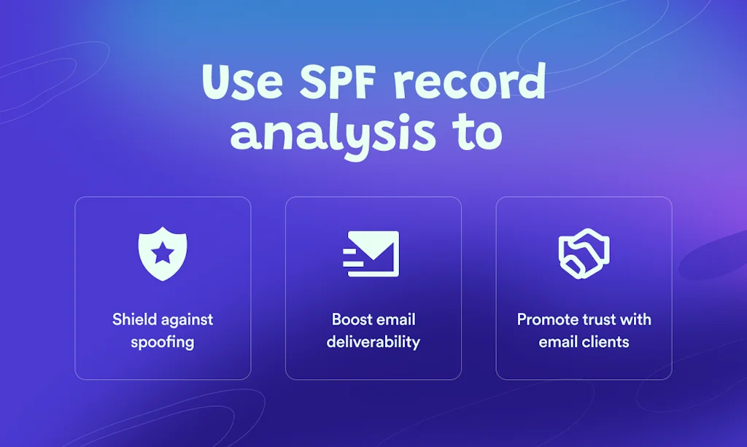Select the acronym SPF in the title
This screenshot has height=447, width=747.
tap(334, 82)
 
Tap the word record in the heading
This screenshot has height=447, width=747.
tap(470, 82)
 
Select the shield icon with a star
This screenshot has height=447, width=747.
tap(163, 252)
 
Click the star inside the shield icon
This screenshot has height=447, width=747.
tap(163, 252)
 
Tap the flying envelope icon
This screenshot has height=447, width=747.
tap(371, 254)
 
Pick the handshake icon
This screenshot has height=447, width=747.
tap(584, 254)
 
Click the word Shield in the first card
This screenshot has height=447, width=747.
tap(135, 319)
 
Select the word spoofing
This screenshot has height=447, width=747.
tap(163, 341)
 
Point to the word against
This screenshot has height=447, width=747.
tap(187, 319)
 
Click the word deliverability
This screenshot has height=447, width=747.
tap(373, 341)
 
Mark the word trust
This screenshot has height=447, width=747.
tap(597, 319)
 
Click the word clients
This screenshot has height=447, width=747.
tap(605, 341)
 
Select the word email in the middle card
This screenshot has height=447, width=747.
tap(395, 319)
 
